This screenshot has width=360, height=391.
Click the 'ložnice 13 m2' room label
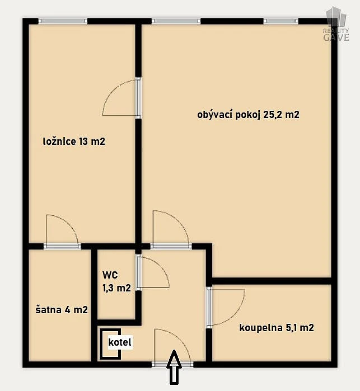coord(74,142)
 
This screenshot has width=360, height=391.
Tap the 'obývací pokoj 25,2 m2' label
coord(248,115)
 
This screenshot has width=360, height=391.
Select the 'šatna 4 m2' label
coord(62,310)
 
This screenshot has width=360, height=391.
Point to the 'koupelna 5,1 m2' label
coord(277,328)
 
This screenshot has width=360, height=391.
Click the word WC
coord(110,275)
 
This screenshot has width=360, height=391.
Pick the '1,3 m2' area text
coord(116,288)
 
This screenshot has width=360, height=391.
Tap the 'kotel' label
coord(120,342)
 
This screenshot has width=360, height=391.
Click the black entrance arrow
coord(174,367)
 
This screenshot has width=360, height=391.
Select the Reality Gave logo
coord(336,24)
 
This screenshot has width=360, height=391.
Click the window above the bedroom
coord(63,21)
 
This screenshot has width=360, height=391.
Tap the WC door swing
coord(153,272)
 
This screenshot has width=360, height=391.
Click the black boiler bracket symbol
coord(110,344)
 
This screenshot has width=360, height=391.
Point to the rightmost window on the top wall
coord(281,21)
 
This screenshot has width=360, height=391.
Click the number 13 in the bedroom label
coord(83,142)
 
